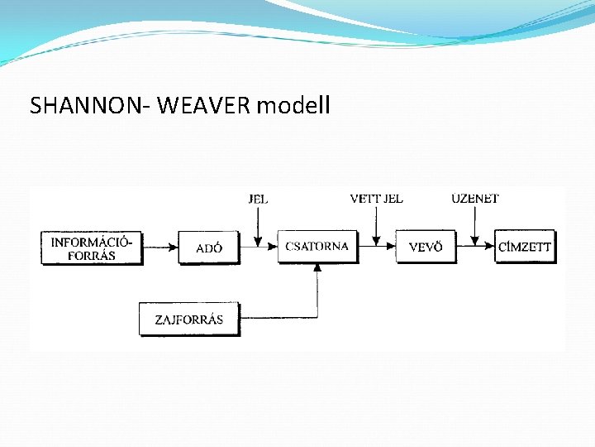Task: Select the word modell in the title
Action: (293, 106)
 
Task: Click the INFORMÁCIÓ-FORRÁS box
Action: (92, 248)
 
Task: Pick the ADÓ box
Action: (209, 248)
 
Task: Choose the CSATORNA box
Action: (317, 247)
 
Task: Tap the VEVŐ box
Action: (426, 247)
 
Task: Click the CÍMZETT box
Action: (525, 247)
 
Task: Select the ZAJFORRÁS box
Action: (188, 319)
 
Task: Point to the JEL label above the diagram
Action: (258, 199)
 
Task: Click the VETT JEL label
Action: (376, 199)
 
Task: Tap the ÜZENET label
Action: (475, 199)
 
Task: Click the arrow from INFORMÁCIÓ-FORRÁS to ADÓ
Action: (160, 247)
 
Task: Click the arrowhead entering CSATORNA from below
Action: (317, 268)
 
